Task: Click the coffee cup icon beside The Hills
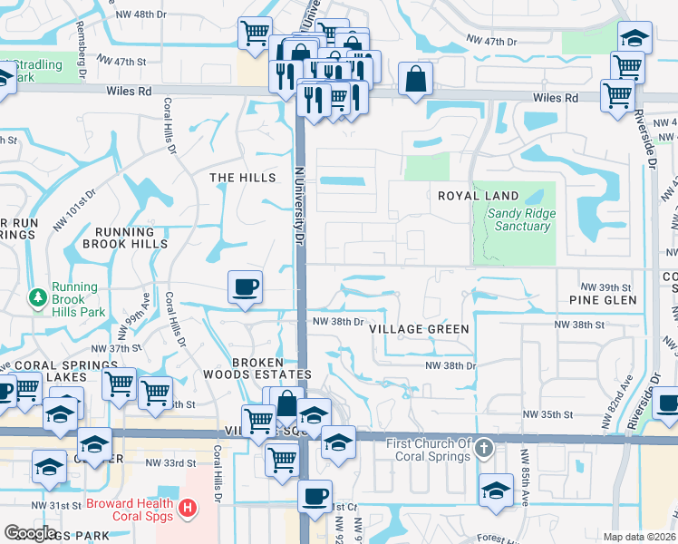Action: [x=245, y=287]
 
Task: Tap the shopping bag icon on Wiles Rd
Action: [x=414, y=79]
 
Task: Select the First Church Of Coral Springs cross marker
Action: [x=485, y=448]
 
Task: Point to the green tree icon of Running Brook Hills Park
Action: [x=38, y=296]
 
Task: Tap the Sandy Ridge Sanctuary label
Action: [x=522, y=219]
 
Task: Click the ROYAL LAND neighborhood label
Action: [x=478, y=196]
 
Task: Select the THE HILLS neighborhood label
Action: [x=242, y=178]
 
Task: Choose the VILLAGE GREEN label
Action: [x=420, y=329]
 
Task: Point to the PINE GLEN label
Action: [x=602, y=299]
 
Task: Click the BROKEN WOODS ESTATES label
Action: [x=271, y=367]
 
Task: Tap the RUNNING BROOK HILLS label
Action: [x=125, y=238]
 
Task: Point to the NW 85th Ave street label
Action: [x=523, y=471]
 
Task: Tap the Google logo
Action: [x=30, y=533]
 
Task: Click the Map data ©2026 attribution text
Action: [x=638, y=537]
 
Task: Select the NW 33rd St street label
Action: [x=171, y=462]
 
